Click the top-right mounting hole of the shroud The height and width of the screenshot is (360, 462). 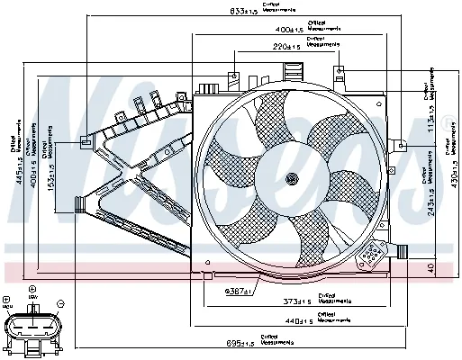point(340,68)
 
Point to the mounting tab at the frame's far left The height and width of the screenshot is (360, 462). point(85,140)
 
